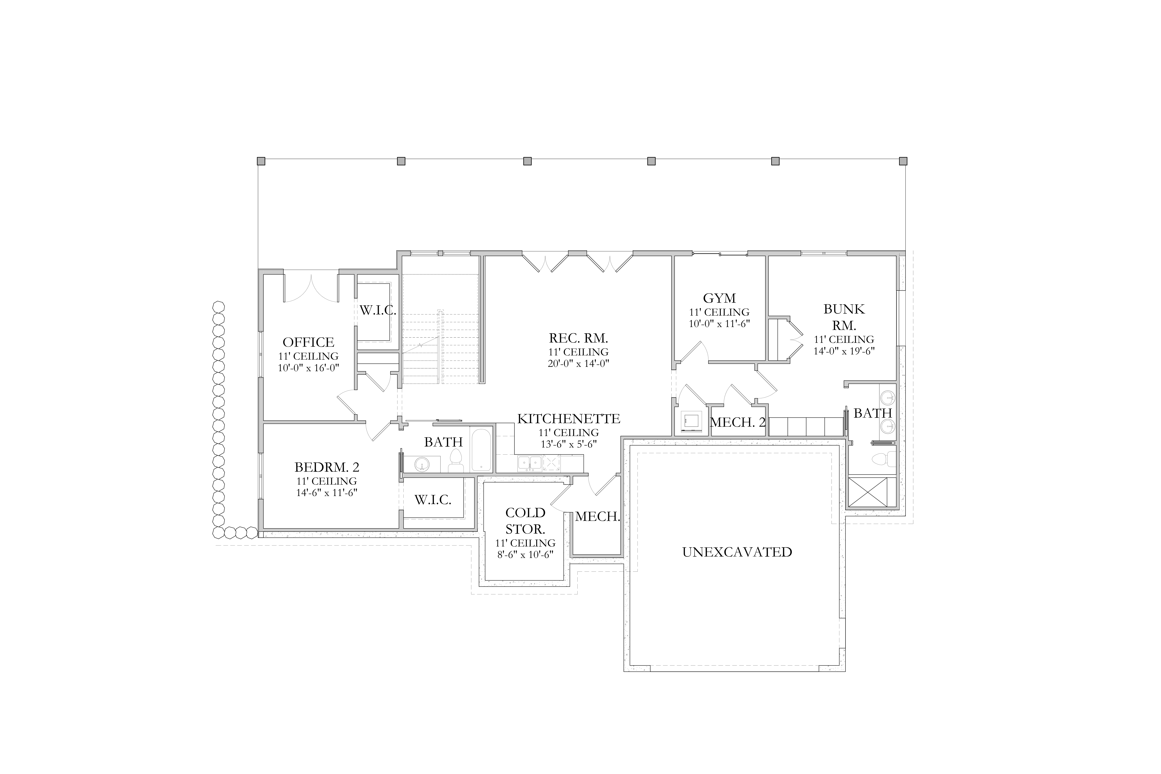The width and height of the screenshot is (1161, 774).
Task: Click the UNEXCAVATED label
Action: (737, 552)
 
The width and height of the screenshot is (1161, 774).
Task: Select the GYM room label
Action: (719, 298)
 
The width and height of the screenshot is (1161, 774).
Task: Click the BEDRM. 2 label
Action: (327, 467)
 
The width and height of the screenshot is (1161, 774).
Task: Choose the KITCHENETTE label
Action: (569, 419)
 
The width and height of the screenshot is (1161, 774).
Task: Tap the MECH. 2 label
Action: (737, 422)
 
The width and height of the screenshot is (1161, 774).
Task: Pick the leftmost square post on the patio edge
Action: (261, 161)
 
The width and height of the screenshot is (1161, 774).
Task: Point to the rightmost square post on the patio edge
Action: (903, 161)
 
